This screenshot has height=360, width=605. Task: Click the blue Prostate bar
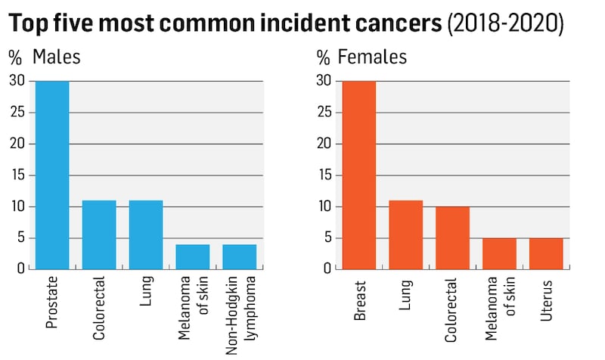click(x=52, y=175)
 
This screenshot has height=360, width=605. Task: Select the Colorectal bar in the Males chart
click(x=99, y=234)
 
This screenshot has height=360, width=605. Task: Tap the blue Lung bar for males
click(x=146, y=234)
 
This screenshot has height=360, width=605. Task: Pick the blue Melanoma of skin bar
click(x=193, y=256)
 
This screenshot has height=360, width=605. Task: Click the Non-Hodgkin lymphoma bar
click(x=239, y=256)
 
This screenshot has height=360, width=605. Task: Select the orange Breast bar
click(x=359, y=175)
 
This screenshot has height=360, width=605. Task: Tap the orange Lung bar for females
click(x=406, y=234)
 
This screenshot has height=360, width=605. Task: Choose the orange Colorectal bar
click(x=452, y=237)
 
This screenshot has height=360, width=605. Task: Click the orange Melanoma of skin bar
click(x=499, y=253)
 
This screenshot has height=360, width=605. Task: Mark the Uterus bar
click(x=546, y=253)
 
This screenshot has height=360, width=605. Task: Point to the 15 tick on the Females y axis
click(x=323, y=175)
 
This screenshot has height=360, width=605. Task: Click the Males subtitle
click(x=57, y=57)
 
